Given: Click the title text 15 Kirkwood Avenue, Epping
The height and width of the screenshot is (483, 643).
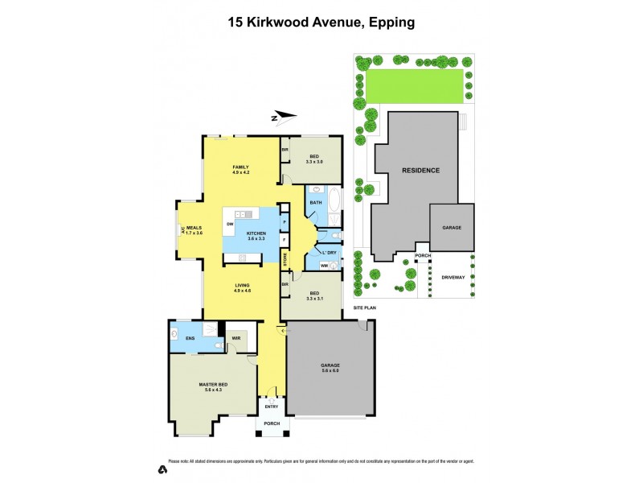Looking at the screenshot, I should tap(321, 23).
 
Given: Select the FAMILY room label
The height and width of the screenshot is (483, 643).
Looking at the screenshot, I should tap(241, 167).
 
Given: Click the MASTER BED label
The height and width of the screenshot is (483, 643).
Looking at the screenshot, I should tap(214, 386).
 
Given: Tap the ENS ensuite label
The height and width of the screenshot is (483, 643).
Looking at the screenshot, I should tap(190, 339).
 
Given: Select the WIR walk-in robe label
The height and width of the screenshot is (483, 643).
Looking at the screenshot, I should tap(235, 339).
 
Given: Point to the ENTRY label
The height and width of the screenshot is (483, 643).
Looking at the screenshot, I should tap(271, 407).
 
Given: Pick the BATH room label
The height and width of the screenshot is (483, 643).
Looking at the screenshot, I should tap(315, 202).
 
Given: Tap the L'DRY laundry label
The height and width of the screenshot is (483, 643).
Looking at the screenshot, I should tap(330, 252).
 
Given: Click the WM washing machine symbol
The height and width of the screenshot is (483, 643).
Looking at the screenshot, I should tap(325, 265).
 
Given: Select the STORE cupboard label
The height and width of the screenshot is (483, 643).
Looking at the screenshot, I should tap(285, 259).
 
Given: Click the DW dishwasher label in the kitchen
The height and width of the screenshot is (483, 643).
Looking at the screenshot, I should tap(230, 223).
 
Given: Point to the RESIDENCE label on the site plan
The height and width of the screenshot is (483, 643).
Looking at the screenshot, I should tap(420, 171).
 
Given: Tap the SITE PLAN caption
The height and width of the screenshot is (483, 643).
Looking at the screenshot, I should tap(366, 308).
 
